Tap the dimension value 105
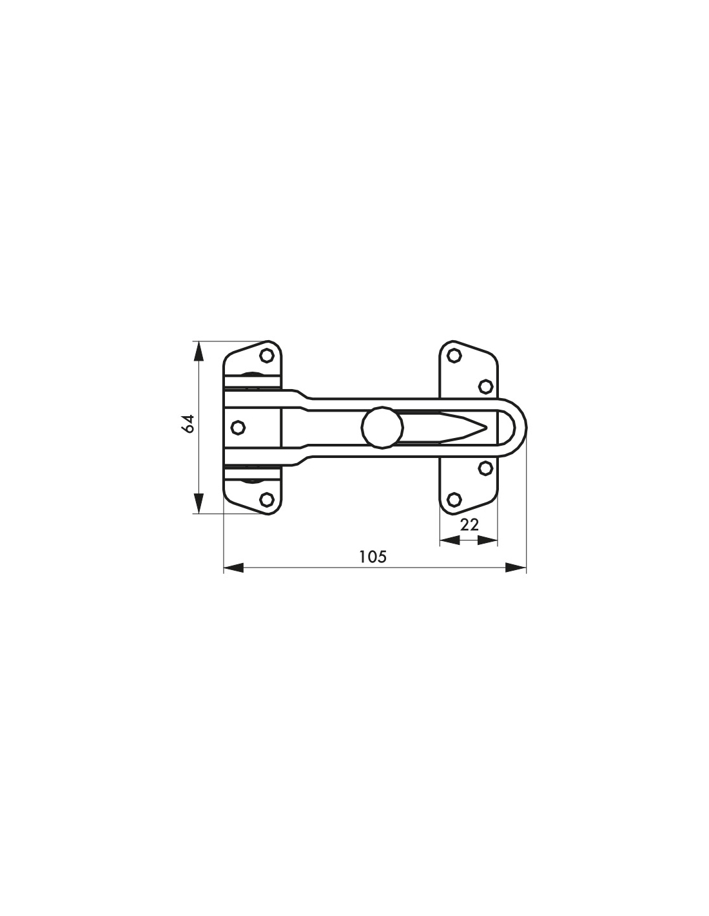click(x=373, y=557)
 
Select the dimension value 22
click(x=469, y=525)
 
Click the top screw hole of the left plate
click(x=267, y=356)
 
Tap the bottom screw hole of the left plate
click(x=267, y=499)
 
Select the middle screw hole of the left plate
click(x=238, y=428)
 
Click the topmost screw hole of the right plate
click(x=453, y=356)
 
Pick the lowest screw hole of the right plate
click(x=453, y=499)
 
